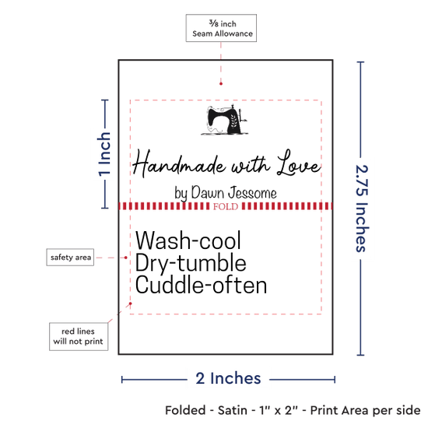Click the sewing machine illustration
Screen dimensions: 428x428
click(225, 120)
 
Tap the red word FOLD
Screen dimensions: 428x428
click(226, 206)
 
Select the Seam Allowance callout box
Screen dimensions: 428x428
click(221, 28)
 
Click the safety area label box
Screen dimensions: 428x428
click(70, 257)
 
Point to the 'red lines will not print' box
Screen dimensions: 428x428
click(79, 336)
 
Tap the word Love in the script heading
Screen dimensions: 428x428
click(299, 163)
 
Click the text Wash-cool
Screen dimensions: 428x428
click(188, 240)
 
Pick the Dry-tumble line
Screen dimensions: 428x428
click(191, 263)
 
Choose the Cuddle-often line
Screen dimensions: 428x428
click(201, 285)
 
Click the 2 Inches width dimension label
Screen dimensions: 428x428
click(228, 378)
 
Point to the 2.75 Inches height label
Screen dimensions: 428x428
click(362, 209)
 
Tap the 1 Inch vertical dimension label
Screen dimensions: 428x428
click(104, 154)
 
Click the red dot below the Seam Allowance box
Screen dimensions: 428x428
click(221, 83)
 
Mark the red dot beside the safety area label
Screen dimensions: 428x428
click(126, 258)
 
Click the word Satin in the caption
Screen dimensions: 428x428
click(233, 410)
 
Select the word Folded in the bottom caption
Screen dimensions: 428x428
click(185, 410)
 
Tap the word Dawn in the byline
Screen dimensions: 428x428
click(208, 192)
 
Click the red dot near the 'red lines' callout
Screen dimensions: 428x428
click(131, 303)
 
